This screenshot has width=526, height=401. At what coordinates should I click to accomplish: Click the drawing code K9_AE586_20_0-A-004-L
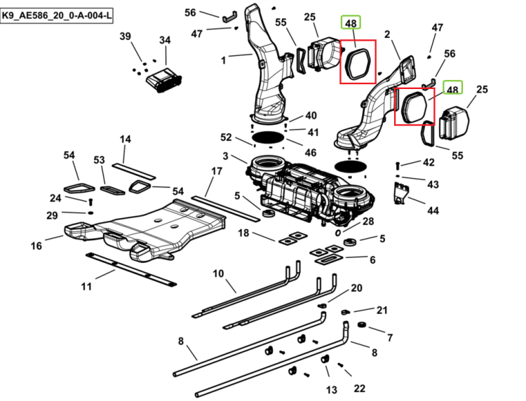[x=57, y=15]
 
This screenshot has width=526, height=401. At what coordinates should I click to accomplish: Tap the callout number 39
[x=125, y=36]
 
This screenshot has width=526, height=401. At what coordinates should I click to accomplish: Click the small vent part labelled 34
[x=164, y=80]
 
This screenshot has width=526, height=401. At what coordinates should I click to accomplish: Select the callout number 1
[x=224, y=61]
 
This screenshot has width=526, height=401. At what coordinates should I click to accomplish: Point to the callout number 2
[x=387, y=34]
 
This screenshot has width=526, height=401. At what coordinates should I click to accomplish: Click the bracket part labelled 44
[x=402, y=193]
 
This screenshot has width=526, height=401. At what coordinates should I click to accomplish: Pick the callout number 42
[x=429, y=162]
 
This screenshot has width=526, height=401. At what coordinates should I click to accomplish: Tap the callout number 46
[x=310, y=153]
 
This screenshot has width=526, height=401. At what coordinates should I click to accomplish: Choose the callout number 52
[x=226, y=137]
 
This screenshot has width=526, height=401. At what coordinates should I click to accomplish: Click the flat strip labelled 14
[x=133, y=171]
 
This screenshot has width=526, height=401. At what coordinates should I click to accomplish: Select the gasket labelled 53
[x=112, y=191]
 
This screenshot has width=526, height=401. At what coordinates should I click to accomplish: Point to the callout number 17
[x=217, y=171]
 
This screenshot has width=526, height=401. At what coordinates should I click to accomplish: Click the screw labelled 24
[x=90, y=202]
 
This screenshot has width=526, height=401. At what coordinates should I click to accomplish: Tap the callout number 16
[x=36, y=246]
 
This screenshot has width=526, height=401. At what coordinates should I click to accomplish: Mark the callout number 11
[x=86, y=287]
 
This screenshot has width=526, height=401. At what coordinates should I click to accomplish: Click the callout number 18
[x=243, y=233]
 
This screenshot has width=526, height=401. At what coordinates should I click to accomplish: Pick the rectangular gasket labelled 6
[x=328, y=259]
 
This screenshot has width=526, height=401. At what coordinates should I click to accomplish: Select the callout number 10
[x=218, y=273]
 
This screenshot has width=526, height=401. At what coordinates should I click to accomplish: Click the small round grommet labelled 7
[x=361, y=325]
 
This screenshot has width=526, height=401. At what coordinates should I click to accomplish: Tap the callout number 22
[x=359, y=388]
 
